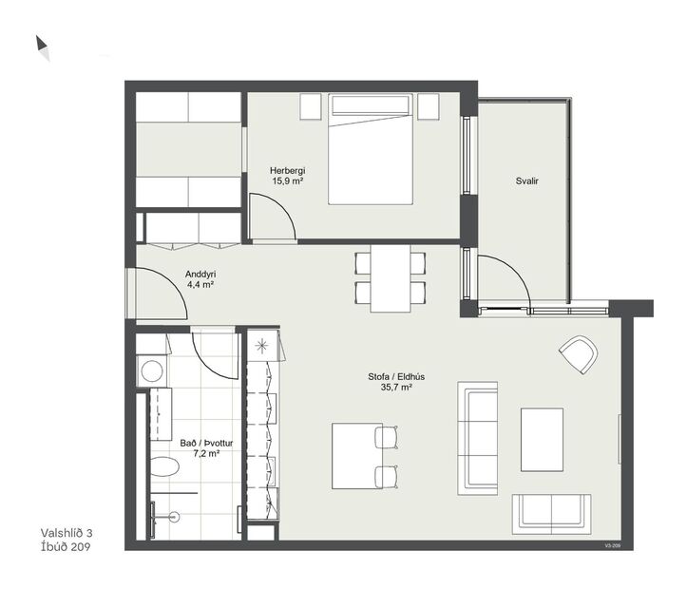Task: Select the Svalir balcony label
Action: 516,180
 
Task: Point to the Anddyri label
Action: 200,273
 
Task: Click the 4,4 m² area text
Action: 200,283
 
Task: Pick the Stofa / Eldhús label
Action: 395,376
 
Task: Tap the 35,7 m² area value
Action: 395,388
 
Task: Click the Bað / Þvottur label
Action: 206,443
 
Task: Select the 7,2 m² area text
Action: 206,453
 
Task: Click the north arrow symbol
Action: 42,47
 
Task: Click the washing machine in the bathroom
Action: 151,370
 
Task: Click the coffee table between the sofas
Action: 542,438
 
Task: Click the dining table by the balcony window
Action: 390,277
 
